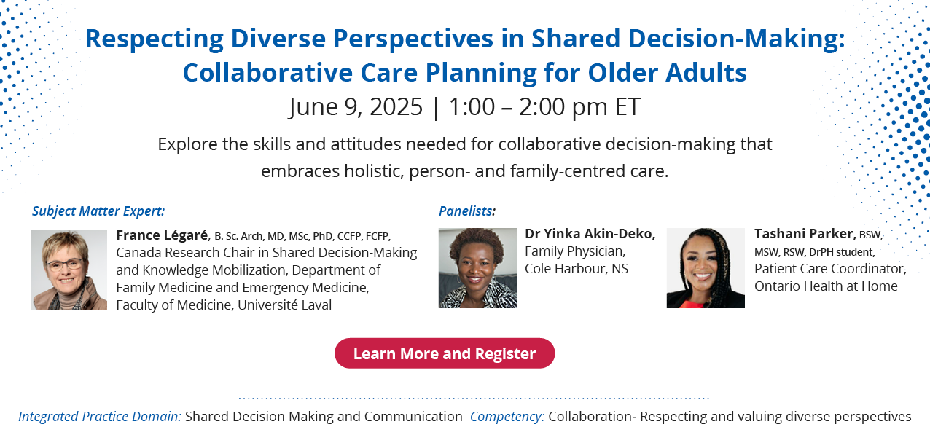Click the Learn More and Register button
coord(445,353)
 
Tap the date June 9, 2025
coord(356,107)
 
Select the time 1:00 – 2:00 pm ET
coord(544,107)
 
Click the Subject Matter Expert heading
coord(98,211)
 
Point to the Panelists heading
coord(467,211)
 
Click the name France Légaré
coord(163,235)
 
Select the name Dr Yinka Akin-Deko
coord(590,234)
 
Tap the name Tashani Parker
coord(805,234)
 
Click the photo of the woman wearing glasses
coord(69,270)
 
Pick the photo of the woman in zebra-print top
coord(477,268)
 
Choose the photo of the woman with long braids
coord(706,268)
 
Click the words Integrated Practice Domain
coord(100,417)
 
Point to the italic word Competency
coord(507,417)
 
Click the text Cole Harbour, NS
coord(577,269)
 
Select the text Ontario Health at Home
coord(826,286)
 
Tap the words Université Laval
coord(284,305)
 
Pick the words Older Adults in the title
coord(667,73)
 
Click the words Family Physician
coord(575,251)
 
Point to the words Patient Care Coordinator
coord(830,269)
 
